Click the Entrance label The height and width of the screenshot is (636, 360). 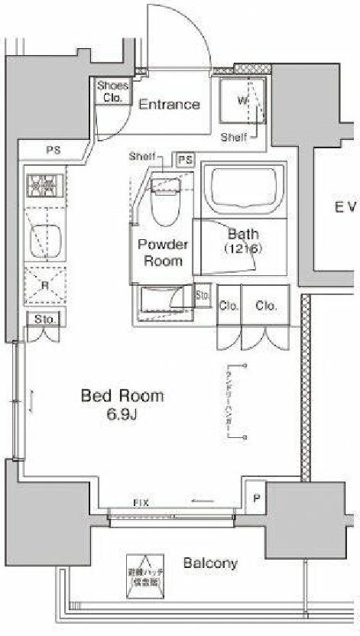169,105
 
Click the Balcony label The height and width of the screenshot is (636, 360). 209,563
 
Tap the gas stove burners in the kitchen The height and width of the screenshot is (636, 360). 43,186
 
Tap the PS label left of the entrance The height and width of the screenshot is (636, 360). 53,151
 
